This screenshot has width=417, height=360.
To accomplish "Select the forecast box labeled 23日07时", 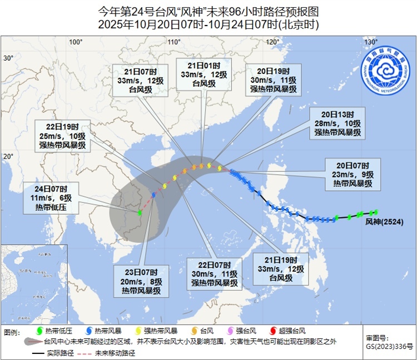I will click(x=141, y=280).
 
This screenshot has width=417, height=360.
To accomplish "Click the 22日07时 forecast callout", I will click(x=215, y=273).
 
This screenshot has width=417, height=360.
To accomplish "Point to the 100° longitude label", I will click(x=76, y=42).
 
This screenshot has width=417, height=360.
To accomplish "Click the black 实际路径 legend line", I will click(x=38, y=353).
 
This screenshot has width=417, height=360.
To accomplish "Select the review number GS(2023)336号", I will click(x=389, y=346).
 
